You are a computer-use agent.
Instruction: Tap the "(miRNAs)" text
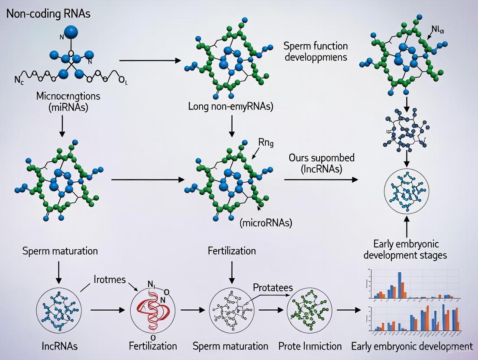coord(69,107)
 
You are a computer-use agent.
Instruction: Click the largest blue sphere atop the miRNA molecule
coord(71,31)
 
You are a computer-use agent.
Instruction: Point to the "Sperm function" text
coord(316,46)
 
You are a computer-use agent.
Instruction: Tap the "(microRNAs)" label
coord(266,223)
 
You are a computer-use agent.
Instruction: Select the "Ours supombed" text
coord(321,157)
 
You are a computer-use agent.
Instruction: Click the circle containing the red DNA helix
coord(149,309)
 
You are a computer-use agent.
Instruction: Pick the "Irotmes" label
coord(109,280)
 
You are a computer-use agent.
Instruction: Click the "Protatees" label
coord(272,288)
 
